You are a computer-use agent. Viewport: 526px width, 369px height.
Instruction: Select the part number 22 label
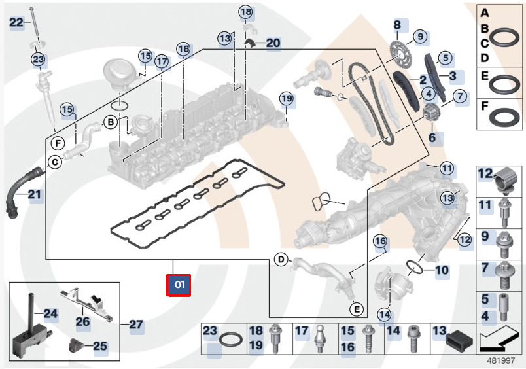(16, 23)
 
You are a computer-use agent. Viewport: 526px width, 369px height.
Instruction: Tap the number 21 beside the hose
(34, 194)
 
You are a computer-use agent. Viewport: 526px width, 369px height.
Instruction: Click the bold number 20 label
(273, 43)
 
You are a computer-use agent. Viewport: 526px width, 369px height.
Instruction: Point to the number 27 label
(136, 324)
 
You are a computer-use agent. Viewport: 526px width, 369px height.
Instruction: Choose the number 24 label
(51, 314)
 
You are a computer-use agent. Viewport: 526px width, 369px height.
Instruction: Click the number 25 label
(100, 345)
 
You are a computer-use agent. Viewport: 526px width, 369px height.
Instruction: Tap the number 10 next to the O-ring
(442, 270)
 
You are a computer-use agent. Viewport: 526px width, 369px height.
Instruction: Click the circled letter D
(281, 260)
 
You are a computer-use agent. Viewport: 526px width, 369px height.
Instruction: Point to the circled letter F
(58, 142)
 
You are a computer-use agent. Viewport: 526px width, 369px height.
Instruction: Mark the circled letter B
(111, 122)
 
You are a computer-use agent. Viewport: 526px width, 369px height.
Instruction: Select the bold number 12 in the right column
(485, 173)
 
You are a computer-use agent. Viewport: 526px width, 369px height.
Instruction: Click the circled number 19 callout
(287, 99)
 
